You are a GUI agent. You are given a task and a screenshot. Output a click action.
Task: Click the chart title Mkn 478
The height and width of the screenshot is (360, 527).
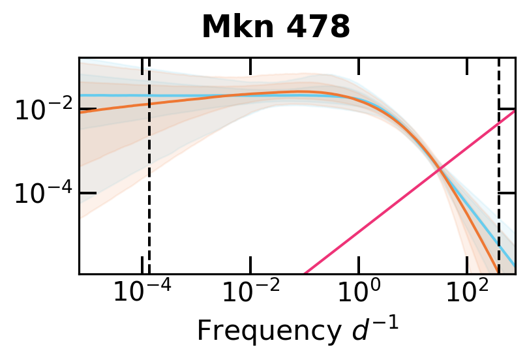(276, 27)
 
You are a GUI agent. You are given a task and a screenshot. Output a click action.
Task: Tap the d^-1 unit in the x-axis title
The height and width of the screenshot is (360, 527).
(380, 329)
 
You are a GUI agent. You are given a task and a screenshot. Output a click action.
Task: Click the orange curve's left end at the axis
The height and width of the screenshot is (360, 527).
(80, 112)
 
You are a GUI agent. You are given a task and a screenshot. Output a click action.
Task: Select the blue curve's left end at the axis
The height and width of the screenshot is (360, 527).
(80, 95)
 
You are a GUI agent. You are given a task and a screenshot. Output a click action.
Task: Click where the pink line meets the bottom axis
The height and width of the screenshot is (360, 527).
(305, 273)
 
